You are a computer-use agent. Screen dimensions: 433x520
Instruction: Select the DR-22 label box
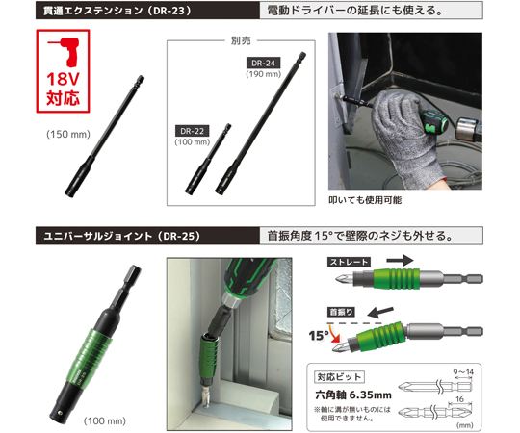194,130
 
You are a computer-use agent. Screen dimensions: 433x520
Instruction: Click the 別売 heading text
241,41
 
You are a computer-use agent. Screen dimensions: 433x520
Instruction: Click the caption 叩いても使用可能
365,199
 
